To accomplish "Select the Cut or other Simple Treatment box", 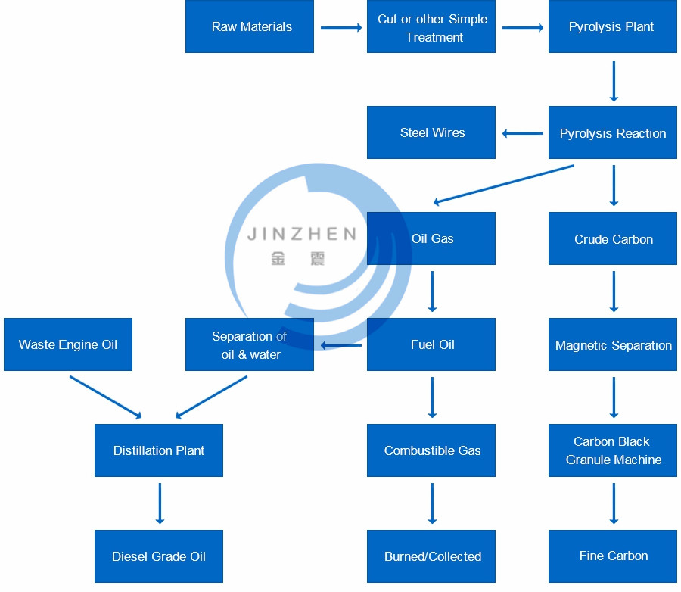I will click(x=431, y=26).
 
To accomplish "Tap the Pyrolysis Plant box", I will click(x=613, y=26).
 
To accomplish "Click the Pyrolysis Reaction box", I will click(x=613, y=132).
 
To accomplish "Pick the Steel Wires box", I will click(x=431, y=132).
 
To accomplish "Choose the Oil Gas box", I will click(x=431, y=238).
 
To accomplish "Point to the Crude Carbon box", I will click(x=613, y=238).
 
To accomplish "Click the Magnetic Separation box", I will click(x=613, y=344).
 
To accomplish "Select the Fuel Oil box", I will click(x=431, y=344).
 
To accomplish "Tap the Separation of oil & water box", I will click(x=250, y=344).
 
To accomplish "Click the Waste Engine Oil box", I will click(x=68, y=344).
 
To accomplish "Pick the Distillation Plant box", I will click(x=159, y=450).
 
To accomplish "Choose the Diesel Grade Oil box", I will click(x=159, y=556).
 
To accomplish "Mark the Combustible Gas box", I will click(x=431, y=450).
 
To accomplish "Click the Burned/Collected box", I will click(x=431, y=556).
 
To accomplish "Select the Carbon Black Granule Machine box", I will click(x=613, y=450).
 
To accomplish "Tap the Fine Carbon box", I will click(x=613, y=556).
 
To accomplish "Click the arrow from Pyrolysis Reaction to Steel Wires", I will click(x=522, y=134).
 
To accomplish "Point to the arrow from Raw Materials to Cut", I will click(x=340, y=28).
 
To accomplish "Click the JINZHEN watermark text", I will click(x=301, y=234).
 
